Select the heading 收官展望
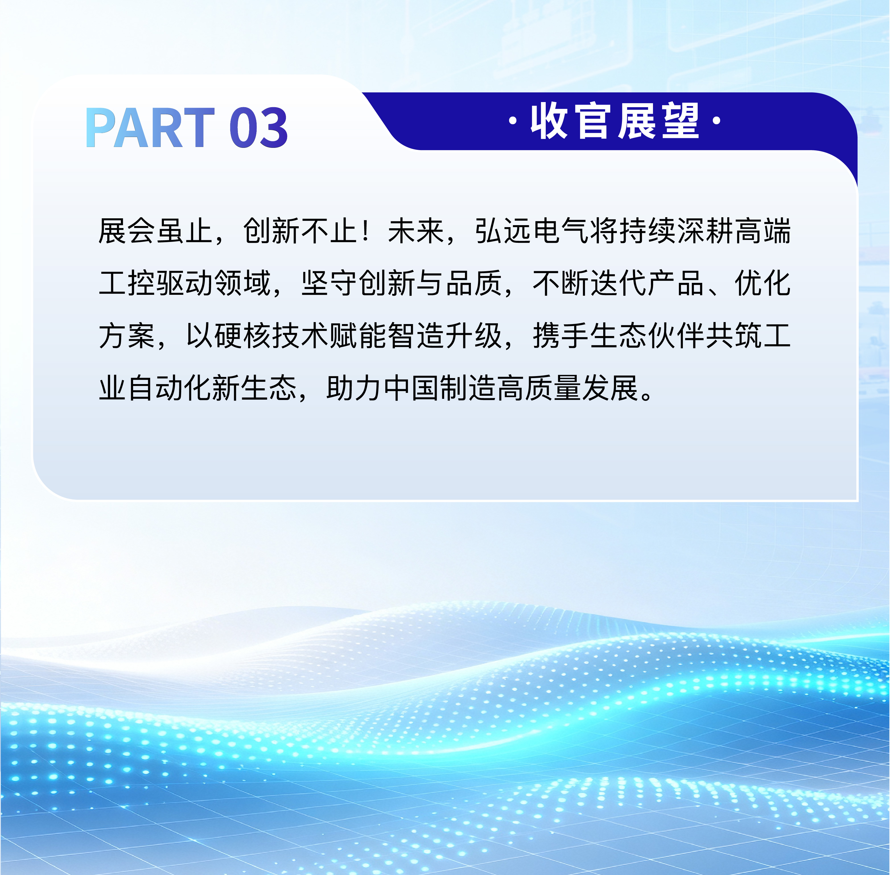pyautogui.click(x=615, y=121)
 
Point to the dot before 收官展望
pyautogui.click(x=513, y=122)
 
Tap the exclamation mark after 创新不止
pyautogui.click(x=366, y=231)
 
